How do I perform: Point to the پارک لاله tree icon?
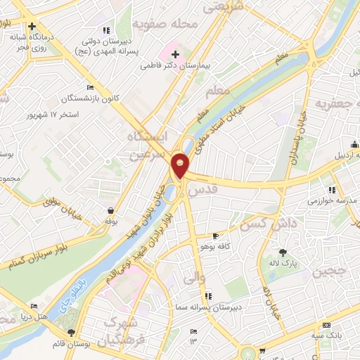[283, 252]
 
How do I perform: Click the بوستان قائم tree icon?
[70, 333]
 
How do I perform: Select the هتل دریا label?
[53, 317]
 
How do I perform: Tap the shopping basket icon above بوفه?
[111, 210]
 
